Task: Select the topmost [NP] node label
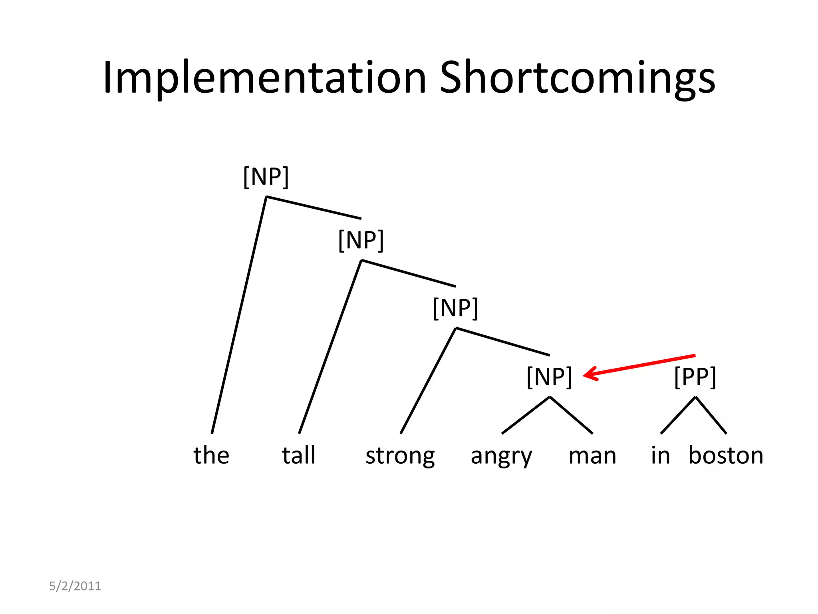(266, 177)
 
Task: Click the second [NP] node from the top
(361, 240)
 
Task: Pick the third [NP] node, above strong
(455, 308)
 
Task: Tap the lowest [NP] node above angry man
(550, 377)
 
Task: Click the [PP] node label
(695, 377)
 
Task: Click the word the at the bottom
(211, 455)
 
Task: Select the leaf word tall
(299, 455)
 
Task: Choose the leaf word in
(660, 455)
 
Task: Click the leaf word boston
(726, 455)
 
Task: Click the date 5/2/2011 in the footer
(75, 586)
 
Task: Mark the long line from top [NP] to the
(239, 315)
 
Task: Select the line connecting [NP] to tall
(330, 347)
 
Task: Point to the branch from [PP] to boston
(711, 415)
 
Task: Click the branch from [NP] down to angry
(526, 415)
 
